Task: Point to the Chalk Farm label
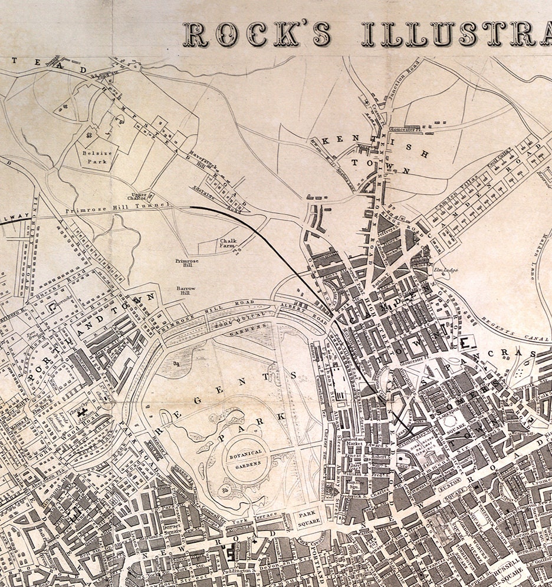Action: click(x=228, y=243)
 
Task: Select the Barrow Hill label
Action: click(x=186, y=291)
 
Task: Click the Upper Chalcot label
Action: click(x=139, y=196)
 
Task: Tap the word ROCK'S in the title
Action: click(x=258, y=35)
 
